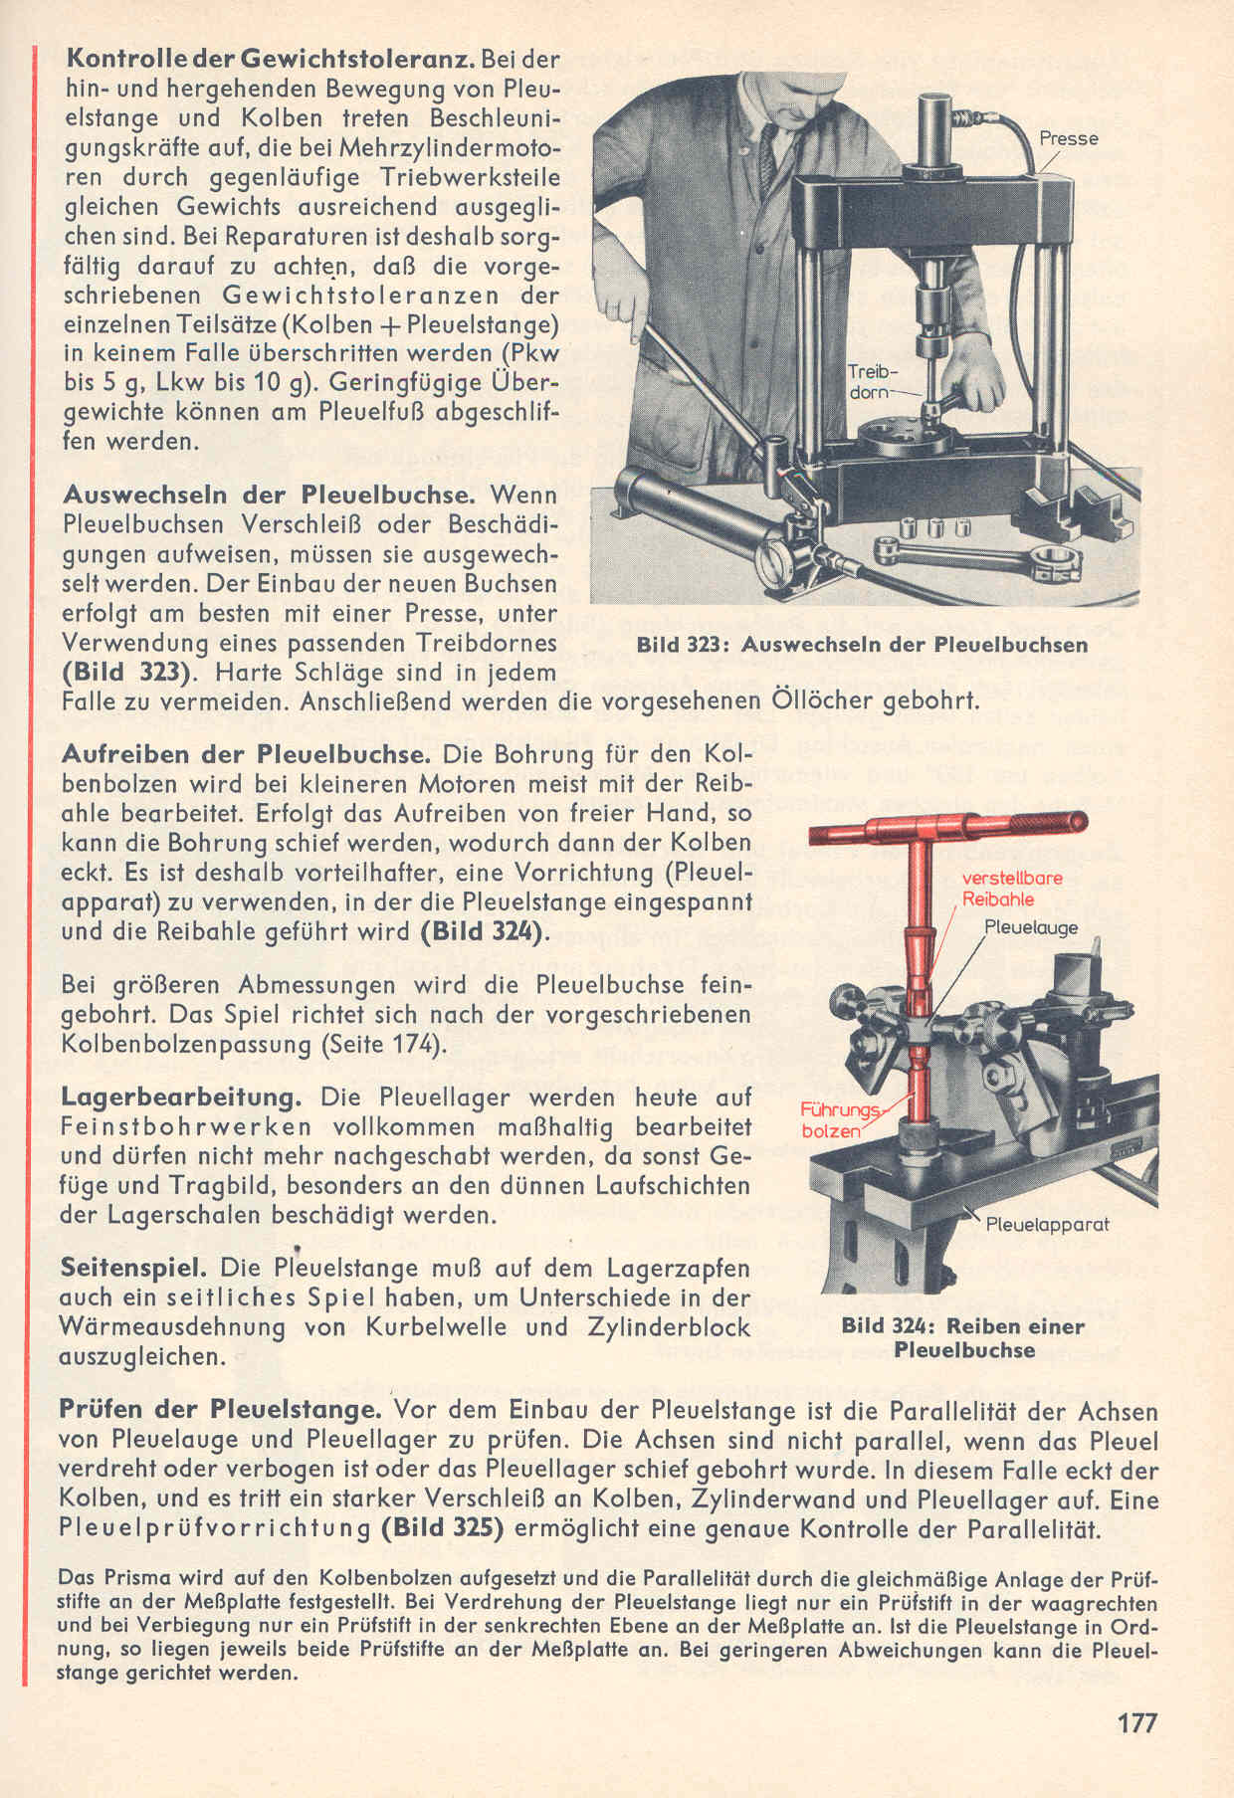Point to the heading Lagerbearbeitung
click(x=180, y=1098)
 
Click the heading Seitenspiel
click(x=133, y=1269)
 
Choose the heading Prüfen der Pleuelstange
click(x=219, y=1410)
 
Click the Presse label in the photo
click(x=1068, y=138)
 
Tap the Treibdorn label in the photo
click(x=872, y=382)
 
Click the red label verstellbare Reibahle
click(x=1011, y=889)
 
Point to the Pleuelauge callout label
click(x=1030, y=927)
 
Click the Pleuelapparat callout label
click(x=1046, y=1224)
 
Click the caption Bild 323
click(x=861, y=645)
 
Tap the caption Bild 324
click(x=962, y=1337)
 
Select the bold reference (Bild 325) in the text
click(x=440, y=1528)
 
